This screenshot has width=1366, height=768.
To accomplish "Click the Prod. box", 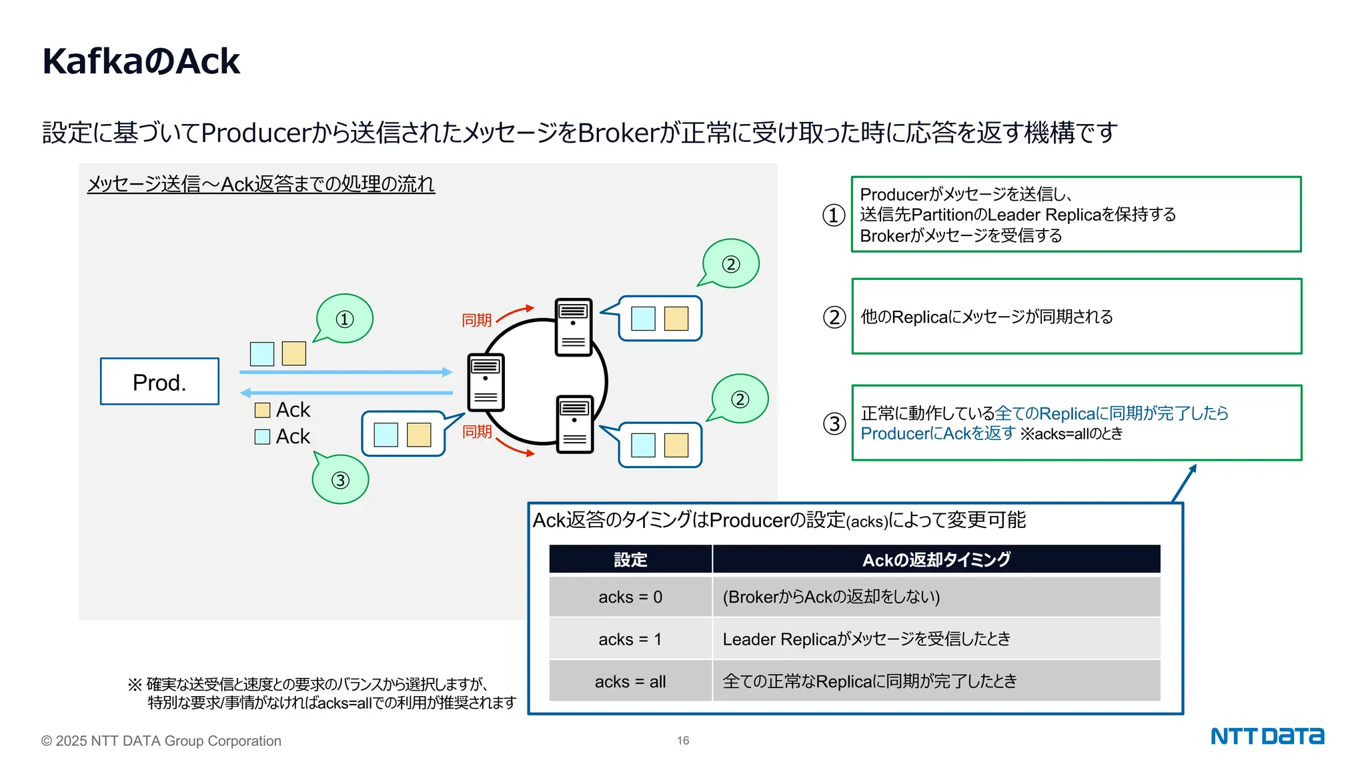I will pos(159,381).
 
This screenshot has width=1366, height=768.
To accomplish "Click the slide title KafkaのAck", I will pos(141,61).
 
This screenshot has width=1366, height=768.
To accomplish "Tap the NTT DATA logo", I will pos(1267,736).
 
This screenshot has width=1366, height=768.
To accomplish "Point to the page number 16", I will pos(683,741).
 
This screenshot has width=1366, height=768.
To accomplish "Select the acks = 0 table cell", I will pos(630,597).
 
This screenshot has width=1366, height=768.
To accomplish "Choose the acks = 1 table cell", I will pos(630,639).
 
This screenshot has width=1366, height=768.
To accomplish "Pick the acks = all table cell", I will pos(630,681).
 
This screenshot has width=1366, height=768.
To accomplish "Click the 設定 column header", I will pos(630,559).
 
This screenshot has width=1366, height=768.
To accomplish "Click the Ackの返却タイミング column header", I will pos(936,559).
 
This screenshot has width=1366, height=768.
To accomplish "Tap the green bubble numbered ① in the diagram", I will pos(345,319).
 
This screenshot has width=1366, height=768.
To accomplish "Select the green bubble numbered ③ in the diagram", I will pos(341,480).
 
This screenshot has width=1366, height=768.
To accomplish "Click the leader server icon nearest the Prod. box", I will pos(486,382).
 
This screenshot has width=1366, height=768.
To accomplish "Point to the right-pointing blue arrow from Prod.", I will pos(346,372).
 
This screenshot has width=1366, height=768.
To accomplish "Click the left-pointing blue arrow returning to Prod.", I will pos(346,393).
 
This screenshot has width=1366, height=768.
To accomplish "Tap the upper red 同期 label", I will pos(476,321).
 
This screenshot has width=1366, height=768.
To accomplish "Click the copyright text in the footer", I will pos(161,741).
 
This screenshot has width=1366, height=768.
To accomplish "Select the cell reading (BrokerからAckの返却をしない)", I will pos(831,597).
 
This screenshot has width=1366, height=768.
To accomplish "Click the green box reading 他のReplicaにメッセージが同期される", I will pos(1077,317).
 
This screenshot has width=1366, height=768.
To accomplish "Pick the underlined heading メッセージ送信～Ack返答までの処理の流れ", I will pos(261,184).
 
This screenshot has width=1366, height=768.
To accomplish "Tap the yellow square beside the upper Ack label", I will pos(262,410).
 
